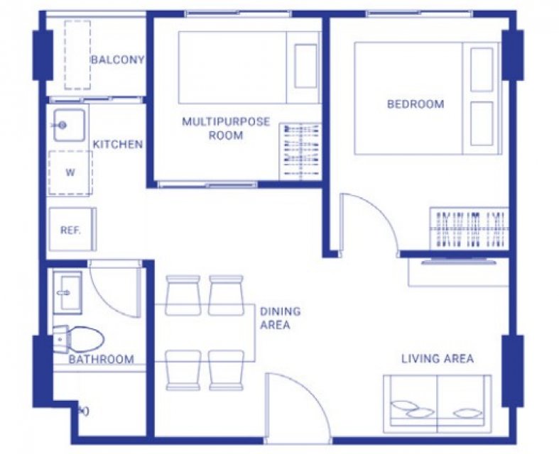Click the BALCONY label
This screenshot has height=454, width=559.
click(x=118, y=60)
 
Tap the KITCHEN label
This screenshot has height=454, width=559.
click(x=118, y=144)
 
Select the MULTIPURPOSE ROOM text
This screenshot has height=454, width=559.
click(x=226, y=128)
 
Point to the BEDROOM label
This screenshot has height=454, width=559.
click(x=416, y=104)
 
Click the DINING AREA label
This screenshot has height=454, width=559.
click(x=281, y=318)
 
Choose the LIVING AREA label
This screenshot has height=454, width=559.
click(x=438, y=358)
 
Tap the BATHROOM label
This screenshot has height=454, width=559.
click(x=102, y=359)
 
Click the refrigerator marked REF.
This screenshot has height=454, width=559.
click(x=72, y=229)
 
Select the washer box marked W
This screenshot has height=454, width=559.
click(x=70, y=173)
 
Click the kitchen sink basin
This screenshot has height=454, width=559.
click(x=69, y=125)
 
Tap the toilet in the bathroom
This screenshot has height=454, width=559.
click(x=78, y=339)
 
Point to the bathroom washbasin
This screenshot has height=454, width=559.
click(x=67, y=293)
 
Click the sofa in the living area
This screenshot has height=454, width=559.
click(x=437, y=404)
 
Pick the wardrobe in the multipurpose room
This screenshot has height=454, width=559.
click(x=300, y=152)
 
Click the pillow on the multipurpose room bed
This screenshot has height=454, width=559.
click(x=305, y=66)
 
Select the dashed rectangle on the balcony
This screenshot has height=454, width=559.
click(x=77, y=55)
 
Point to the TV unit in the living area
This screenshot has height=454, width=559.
click(x=458, y=272)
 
